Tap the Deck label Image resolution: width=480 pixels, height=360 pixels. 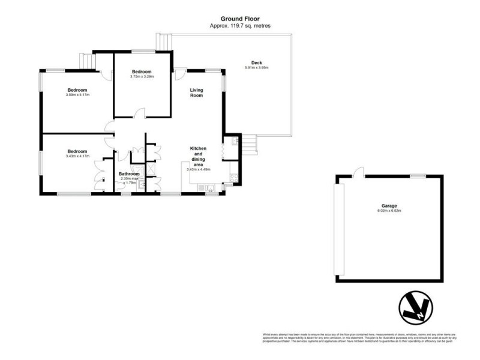[x=257, y=62]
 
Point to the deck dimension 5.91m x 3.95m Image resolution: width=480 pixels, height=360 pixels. [x=257, y=68]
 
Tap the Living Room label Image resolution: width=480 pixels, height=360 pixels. [x=197, y=93]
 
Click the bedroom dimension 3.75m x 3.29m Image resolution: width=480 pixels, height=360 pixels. [x=142, y=76]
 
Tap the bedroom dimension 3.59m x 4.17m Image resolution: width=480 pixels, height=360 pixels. [x=77, y=95]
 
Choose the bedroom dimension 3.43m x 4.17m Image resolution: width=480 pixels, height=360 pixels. [x=77, y=157]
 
